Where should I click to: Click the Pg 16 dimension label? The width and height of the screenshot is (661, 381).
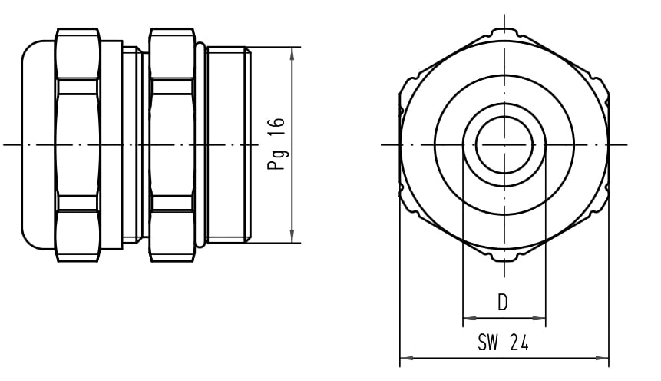pyautogui.click(x=276, y=144)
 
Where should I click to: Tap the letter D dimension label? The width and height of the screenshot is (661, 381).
pyautogui.click(x=503, y=303)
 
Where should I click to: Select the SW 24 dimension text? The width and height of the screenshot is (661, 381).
pyautogui.click(x=503, y=343)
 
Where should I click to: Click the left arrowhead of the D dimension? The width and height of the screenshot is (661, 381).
pyautogui.click(x=470, y=318)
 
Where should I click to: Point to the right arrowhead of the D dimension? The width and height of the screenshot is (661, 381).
pyautogui.click(x=539, y=318)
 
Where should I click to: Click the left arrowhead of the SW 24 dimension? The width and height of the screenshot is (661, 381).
pyautogui.click(x=406, y=358)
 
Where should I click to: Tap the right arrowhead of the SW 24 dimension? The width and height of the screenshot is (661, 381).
pyautogui.click(x=602, y=358)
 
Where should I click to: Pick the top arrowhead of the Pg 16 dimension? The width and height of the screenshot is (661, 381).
pyautogui.click(x=292, y=53)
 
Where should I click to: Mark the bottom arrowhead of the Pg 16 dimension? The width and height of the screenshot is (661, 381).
pyautogui.click(x=292, y=237)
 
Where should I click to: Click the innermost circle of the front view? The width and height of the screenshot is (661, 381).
pyautogui.click(x=504, y=118)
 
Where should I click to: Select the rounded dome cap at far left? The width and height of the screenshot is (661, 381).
pyautogui.click(x=38, y=144)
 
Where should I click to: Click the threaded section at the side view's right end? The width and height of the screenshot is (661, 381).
pyautogui.click(x=229, y=144)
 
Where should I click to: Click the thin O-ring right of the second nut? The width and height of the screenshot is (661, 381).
pyautogui.click(x=201, y=144)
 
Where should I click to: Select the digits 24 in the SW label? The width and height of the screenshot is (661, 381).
pyautogui.click(x=519, y=343)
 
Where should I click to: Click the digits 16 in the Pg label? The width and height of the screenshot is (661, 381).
pyautogui.click(x=276, y=127)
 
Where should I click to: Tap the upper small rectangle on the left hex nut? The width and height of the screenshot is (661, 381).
pyautogui.click(x=78, y=86)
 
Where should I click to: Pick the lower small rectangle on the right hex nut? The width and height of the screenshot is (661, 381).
pyautogui.click(x=172, y=203)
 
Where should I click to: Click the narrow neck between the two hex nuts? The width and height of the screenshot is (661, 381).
pyautogui.click(x=136, y=144)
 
